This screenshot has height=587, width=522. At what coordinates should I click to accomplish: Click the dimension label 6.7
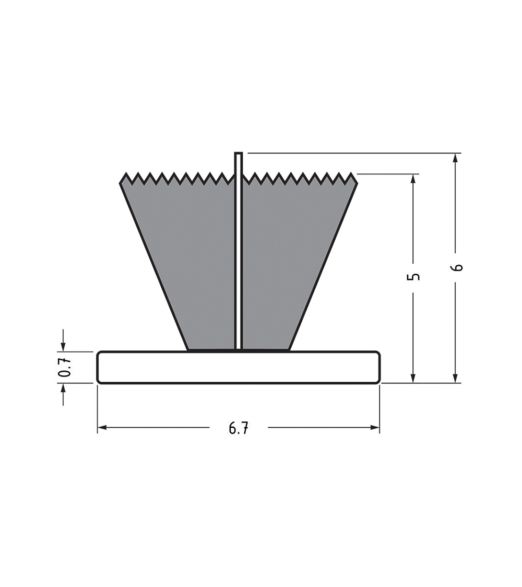[239, 428]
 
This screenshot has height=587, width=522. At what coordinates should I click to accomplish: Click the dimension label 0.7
[65, 367]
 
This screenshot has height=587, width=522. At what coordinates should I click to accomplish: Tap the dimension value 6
[457, 267]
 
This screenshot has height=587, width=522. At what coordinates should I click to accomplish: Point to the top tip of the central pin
[239, 152]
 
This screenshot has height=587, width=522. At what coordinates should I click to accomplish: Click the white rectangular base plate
[239, 367]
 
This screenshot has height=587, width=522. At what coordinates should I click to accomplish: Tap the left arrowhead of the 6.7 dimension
[102, 427]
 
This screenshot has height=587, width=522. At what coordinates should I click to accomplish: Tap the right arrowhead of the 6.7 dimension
[375, 427]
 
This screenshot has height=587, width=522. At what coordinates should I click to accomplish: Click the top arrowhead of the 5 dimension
[413, 179]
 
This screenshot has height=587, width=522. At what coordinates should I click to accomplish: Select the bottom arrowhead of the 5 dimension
[413, 378]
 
